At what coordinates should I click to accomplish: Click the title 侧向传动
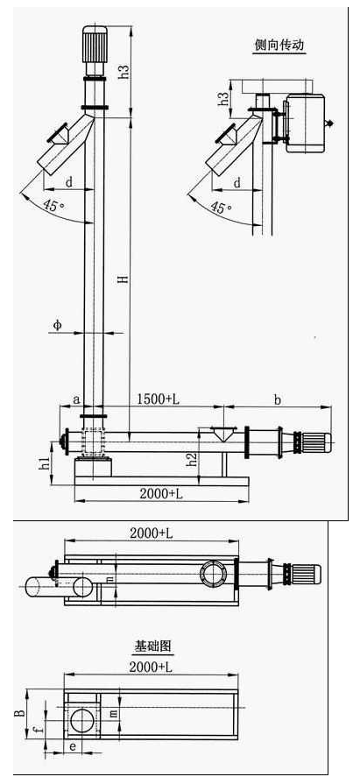[x=279, y=46]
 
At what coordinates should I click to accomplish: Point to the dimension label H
[x=125, y=279]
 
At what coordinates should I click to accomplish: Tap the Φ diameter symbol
[x=58, y=325]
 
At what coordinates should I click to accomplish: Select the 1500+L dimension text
[x=159, y=399]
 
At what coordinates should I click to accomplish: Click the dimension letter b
[x=278, y=400]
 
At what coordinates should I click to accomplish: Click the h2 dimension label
[x=192, y=461]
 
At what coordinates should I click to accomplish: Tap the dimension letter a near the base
[x=75, y=399]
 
